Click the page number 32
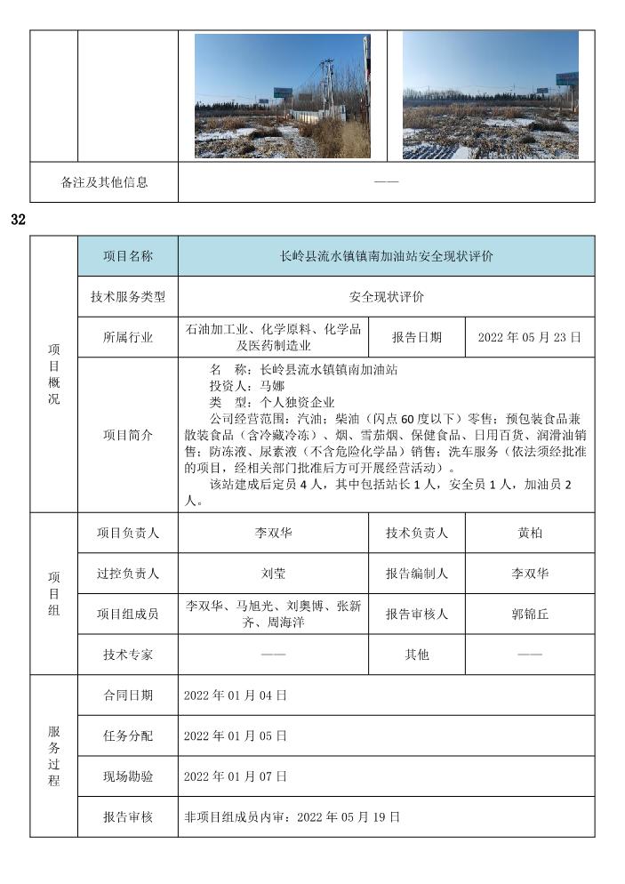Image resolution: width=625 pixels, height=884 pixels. click(19, 219)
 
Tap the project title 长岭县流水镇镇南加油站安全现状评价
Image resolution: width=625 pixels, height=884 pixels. click(386, 256)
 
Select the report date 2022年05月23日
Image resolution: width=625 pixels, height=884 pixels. click(530, 337)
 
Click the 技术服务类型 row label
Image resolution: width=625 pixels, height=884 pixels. click(128, 297)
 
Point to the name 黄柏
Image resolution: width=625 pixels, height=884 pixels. click(530, 533)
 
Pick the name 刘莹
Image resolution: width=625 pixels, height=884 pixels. click(274, 574)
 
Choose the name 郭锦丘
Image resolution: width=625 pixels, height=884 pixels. click(530, 614)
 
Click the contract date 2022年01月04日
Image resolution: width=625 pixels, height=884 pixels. click(236, 695)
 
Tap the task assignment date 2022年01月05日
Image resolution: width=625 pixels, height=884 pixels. click(236, 735)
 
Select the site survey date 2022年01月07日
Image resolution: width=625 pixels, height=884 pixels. click(236, 776)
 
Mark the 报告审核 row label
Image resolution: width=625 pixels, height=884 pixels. click(128, 816)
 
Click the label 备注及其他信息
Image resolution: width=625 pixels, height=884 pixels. click(105, 182)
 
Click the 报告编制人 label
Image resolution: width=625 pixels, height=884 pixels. click(417, 574)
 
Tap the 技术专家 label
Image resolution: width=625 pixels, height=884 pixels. click(128, 655)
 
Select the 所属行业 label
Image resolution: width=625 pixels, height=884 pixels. click(128, 337)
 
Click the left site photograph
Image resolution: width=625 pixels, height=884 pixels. click(283, 96)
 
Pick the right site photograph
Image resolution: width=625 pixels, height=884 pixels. click(490, 95)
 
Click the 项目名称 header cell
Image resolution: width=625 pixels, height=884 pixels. click(128, 256)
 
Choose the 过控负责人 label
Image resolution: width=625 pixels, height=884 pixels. click(128, 574)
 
